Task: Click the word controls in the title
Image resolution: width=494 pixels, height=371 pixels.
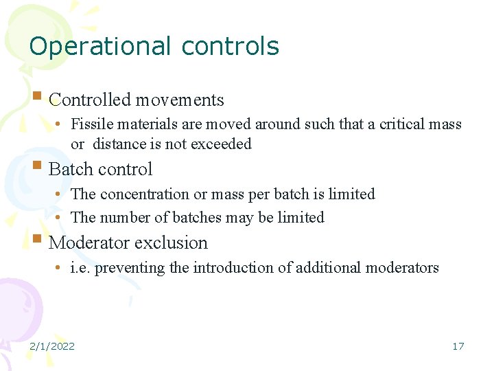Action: coord(231,46)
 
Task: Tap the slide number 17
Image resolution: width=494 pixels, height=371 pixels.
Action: coord(458,346)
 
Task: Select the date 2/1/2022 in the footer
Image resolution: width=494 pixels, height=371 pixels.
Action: coord(52,346)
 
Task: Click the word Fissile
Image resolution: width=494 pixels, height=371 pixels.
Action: coord(92,124)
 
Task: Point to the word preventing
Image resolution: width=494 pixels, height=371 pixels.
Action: coord(129,268)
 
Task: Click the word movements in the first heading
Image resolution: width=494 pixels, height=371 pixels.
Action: coord(179,100)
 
